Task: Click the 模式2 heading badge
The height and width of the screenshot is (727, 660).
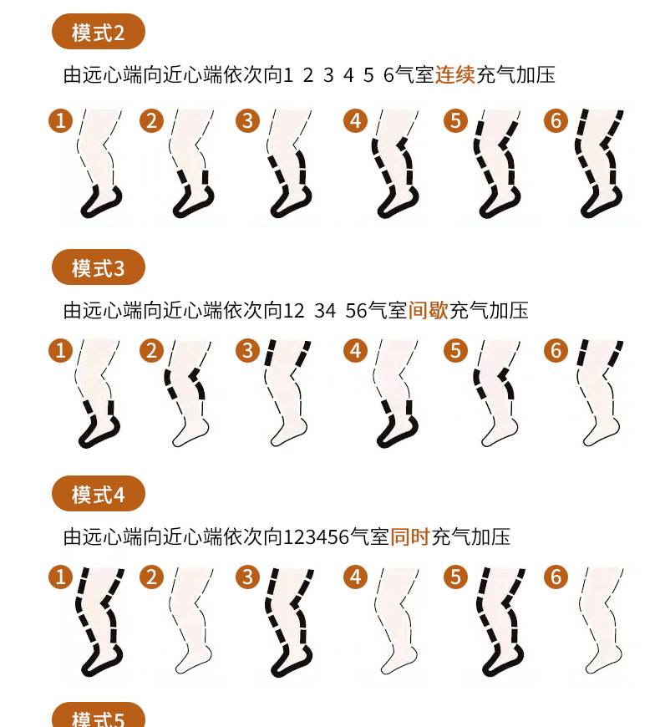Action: [x=99, y=32]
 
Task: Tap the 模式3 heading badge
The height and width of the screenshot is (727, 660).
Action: [x=99, y=267]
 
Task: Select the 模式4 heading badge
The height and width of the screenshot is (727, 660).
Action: [x=99, y=493]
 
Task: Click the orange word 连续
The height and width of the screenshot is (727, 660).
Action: [x=454, y=74]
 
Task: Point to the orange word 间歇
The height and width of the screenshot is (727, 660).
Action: [x=429, y=310]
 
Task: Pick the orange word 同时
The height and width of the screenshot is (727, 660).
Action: [x=410, y=537]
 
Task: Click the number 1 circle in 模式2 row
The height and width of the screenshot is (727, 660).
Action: [x=61, y=120]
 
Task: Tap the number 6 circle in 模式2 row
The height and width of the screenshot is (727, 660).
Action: [x=556, y=120]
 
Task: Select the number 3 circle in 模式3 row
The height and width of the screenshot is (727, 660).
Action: [x=247, y=350]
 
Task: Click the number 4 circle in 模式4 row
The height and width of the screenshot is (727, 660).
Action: [x=356, y=577]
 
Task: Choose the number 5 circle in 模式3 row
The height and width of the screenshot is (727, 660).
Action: [x=455, y=350]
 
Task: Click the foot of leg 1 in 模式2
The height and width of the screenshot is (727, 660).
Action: [x=101, y=202]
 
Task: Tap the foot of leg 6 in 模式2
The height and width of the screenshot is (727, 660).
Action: [x=602, y=202]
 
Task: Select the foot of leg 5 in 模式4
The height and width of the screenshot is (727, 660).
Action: [x=502, y=659]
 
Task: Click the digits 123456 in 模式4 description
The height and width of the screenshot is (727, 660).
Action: [x=316, y=537]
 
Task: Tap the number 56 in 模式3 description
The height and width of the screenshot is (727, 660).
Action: [x=356, y=311]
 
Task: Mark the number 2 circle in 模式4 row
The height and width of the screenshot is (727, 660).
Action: [x=151, y=577]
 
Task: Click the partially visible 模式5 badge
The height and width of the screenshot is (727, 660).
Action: [x=99, y=715]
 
